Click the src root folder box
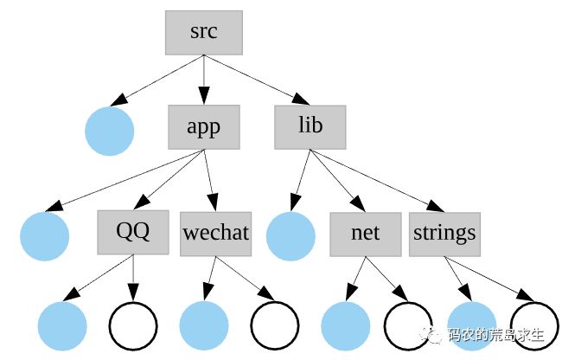coord(204,32)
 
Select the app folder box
coord(204,127)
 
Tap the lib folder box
coord(310,126)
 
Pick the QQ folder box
coord(133,232)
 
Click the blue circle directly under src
coord(110,132)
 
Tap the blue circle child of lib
coord(290,237)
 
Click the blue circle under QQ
coord(63,326)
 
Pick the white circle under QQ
coord(133,326)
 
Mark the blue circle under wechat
coord(204,326)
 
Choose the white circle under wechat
coord(275,326)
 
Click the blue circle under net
coord(345,326)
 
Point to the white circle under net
coord(408,326)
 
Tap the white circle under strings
coord(534,326)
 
